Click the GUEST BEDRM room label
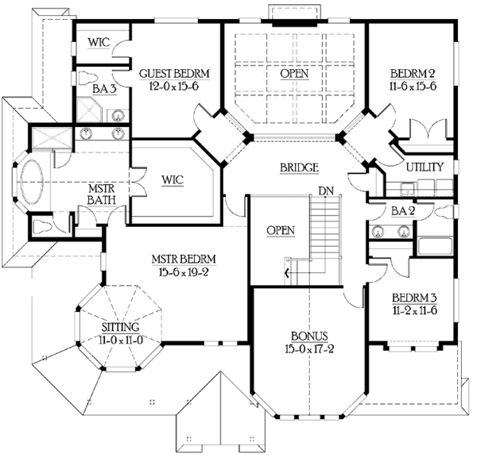(174, 74)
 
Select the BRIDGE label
(300, 168)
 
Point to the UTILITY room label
(425, 168)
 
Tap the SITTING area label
(120, 327)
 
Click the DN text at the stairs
(324, 191)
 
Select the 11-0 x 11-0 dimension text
(120, 339)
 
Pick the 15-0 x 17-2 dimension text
(305, 348)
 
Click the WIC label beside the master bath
(173, 179)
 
